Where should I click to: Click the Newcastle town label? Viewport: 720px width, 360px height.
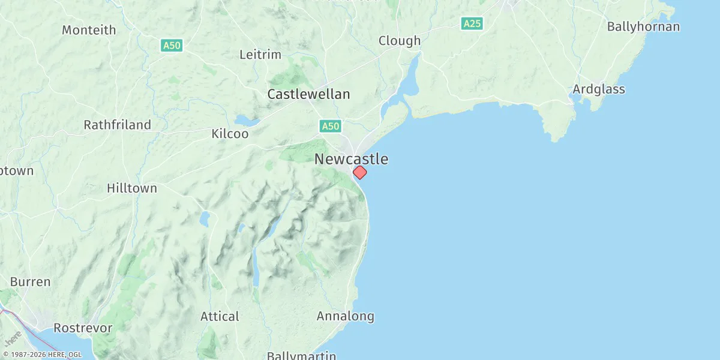point(351,159)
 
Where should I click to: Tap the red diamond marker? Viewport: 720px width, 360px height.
point(359,172)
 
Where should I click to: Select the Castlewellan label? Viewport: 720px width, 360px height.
point(308,94)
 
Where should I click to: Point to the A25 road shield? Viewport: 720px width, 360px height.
point(472,24)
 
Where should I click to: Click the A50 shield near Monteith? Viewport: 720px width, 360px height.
point(171,45)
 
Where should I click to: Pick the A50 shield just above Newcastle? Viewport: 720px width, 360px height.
point(330,126)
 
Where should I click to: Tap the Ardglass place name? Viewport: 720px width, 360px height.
point(598,89)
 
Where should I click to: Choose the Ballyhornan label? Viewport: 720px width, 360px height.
point(643,26)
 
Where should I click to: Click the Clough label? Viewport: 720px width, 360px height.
point(399,41)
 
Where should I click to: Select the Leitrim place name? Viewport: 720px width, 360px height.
point(260,55)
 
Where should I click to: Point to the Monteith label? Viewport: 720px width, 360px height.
point(89,30)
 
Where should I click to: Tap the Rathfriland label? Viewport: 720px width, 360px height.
point(117,125)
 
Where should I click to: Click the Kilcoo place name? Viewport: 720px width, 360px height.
point(230,134)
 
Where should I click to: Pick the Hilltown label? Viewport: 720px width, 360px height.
point(131,188)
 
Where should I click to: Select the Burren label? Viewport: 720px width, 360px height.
point(30,281)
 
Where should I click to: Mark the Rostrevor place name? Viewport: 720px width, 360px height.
point(83,328)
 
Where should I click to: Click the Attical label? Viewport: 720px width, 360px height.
point(220,316)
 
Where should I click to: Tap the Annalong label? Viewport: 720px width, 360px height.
point(345,316)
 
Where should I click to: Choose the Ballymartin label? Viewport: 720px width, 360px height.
point(301,355)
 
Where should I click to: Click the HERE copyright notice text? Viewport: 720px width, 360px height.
point(42,355)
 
